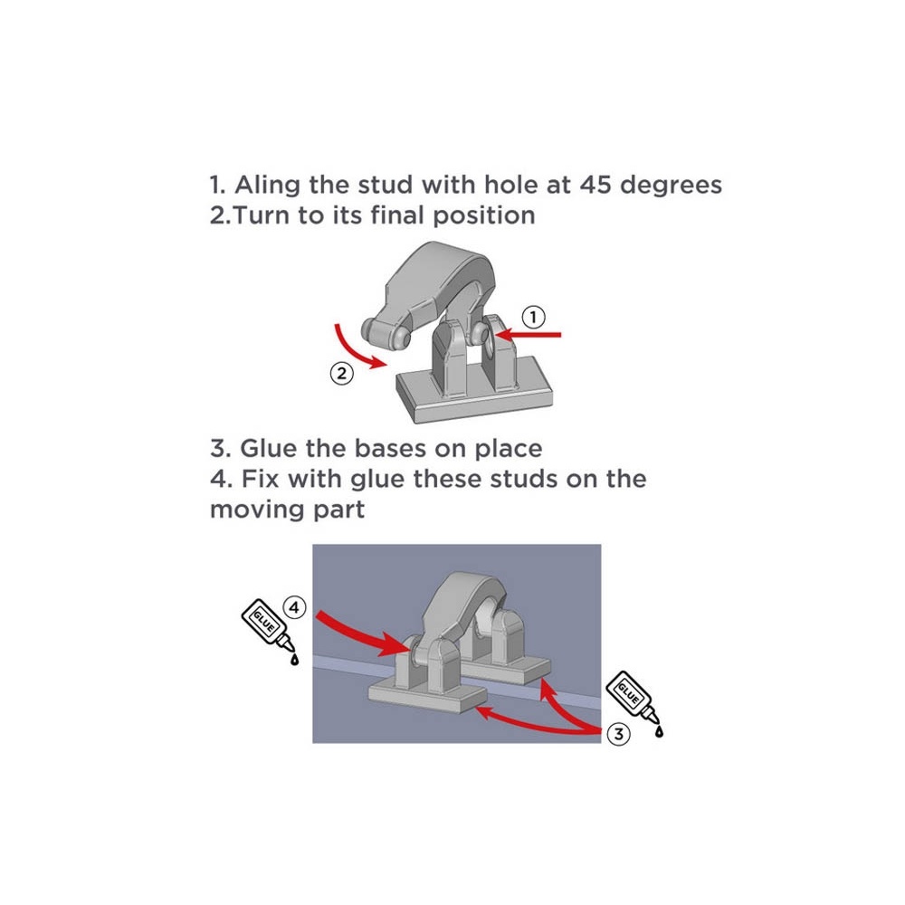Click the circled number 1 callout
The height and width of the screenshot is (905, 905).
click(x=533, y=317)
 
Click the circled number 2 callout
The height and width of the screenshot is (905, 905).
click(x=342, y=374)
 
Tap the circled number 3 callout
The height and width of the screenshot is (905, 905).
click(x=619, y=734)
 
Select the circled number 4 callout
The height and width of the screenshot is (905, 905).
click(x=294, y=607)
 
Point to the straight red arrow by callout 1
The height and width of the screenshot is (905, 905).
click(x=528, y=335)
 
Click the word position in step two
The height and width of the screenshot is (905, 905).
click(x=483, y=216)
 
